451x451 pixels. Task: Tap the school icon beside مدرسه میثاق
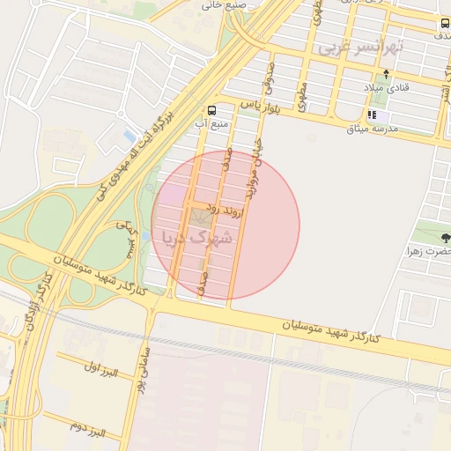pyautogui.click(x=373, y=115)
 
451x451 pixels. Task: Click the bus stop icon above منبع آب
pyautogui.click(x=211, y=111)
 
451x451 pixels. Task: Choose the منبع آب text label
pyautogui.click(x=212, y=124)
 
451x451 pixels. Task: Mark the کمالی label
pyautogui.click(x=125, y=239)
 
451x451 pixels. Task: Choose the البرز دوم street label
pyautogui.click(x=87, y=431)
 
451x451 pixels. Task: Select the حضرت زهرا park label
pyautogui.click(x=427, y=251)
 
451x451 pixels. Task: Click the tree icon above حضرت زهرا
pyautogui.click(x=445, y=237)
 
